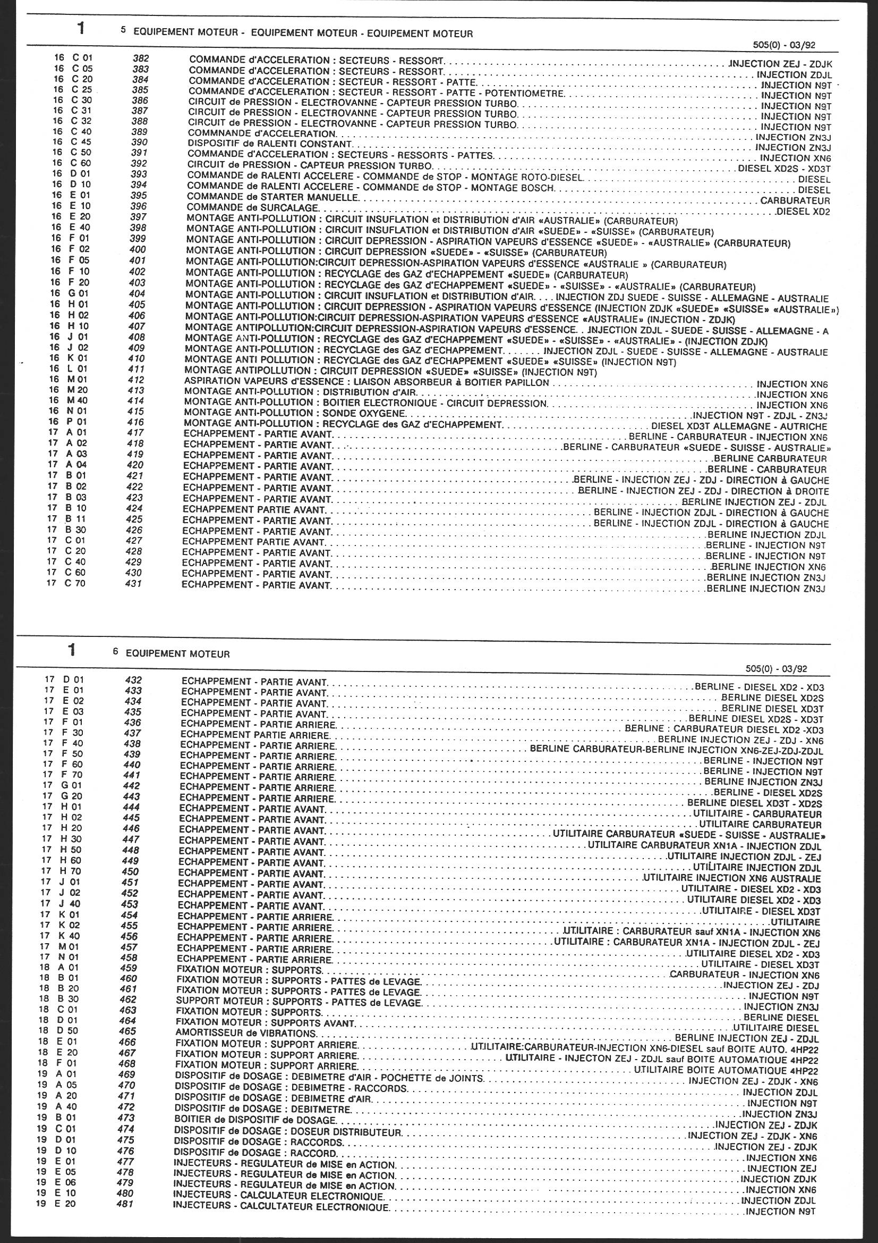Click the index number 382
pyautogui.click(x=141, y=58)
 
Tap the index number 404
pyautogui.click(x=138, y=294)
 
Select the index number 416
pyautogui.click(x=137, y=422)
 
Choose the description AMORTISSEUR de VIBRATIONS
pyautogui.click(x=246, y=1033)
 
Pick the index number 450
pyautogui.click(x=130, y=871)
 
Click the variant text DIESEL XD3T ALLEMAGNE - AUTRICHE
pyautogui.click(x=739, y=426)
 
